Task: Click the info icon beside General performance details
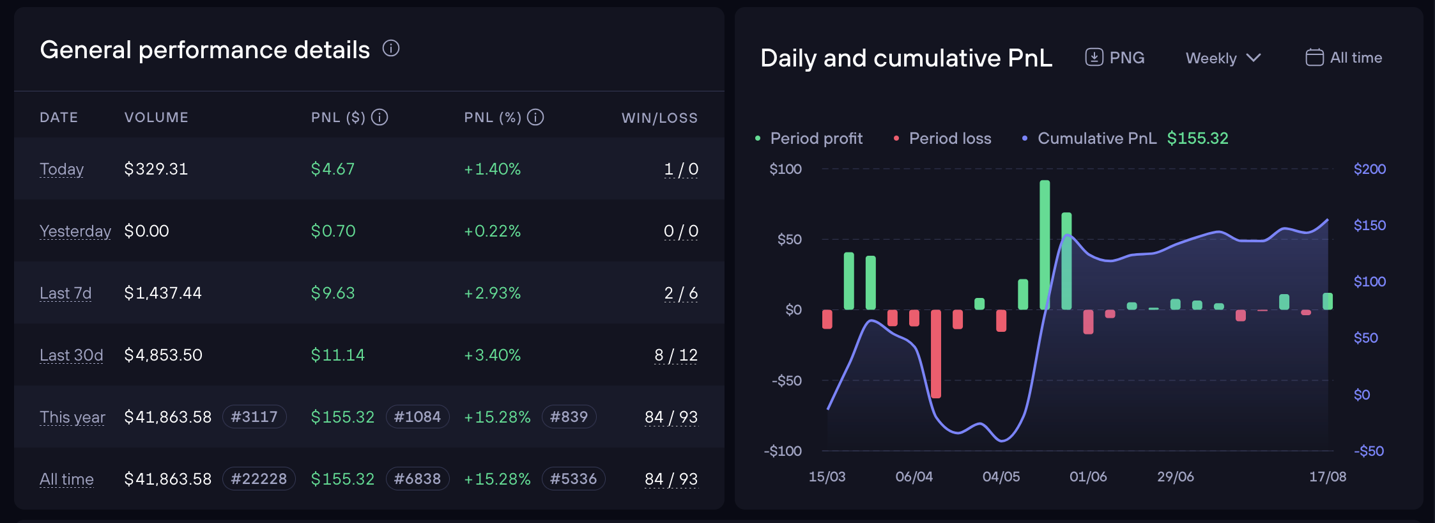(391, 49)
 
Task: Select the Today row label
(61, 169)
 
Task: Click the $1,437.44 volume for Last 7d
(163, 293)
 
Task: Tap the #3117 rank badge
(254, 417)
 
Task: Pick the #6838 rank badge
(417, 479)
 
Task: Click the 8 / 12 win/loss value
(676, 355)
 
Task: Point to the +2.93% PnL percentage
(493, 293)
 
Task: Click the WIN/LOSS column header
(660, 118)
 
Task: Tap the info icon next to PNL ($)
(380, 117)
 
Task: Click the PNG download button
(1115, 58)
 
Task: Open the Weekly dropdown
(1224, 58)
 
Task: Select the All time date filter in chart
(1344, 58)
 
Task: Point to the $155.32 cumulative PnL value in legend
(1198, 138)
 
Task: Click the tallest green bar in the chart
(1045, 245)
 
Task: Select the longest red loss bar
(936, 354)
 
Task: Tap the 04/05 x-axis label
(1001, 477)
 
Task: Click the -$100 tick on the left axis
(783, 451)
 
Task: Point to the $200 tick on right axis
(1370, 169)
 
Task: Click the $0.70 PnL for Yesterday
(333, 231)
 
